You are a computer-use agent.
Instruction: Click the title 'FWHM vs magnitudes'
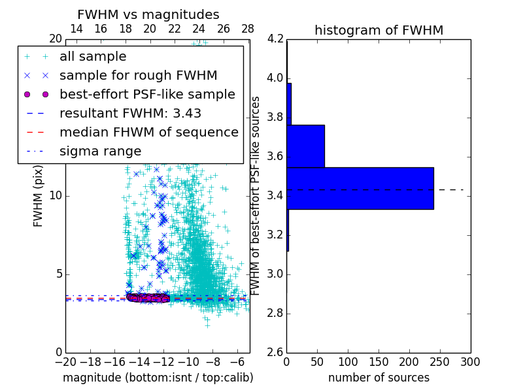click(x=148, y=15)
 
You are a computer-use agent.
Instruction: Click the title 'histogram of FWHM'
click(x=379, y=30)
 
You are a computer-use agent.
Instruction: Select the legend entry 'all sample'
click(x=93, y=57)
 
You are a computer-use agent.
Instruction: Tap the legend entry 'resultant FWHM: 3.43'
click(x=130, y=114)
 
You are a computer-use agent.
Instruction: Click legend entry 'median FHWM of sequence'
click(x=148, y=133)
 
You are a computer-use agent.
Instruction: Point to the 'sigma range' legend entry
click(x=100, y=152)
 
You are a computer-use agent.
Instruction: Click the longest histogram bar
click(x=360, y=188)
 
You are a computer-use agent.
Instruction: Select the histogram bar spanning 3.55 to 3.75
click(x=305, y=146)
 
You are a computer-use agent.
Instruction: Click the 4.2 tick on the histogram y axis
click(x=275, y=39)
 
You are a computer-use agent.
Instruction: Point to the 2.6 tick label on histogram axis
click(x=275, y=352)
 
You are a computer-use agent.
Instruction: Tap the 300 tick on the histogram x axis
click(x=471, y=362)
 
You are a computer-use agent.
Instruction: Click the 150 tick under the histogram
click(x=379, y=362)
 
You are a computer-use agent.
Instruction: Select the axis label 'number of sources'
click(x=379, y=378)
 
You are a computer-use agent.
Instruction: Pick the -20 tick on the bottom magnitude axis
click(x=65, y=362)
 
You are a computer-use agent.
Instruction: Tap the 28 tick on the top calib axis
click(x=248, y=29)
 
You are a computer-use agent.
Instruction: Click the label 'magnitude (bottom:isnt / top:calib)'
click(x=158, y=378)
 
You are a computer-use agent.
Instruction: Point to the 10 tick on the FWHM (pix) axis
click(x=56, y=196)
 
